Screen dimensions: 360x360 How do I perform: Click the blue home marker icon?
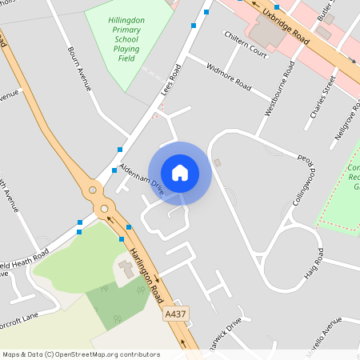pos(180,172)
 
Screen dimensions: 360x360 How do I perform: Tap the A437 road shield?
pos(174,314)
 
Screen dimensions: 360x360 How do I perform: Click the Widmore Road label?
pos(229,75)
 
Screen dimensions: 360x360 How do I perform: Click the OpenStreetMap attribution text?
pos(81,354)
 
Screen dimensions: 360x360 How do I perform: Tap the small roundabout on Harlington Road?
pos(94,190)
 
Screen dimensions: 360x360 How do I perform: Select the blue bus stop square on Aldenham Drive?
pos(119,150)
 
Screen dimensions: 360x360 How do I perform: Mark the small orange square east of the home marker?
pos(218,162)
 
